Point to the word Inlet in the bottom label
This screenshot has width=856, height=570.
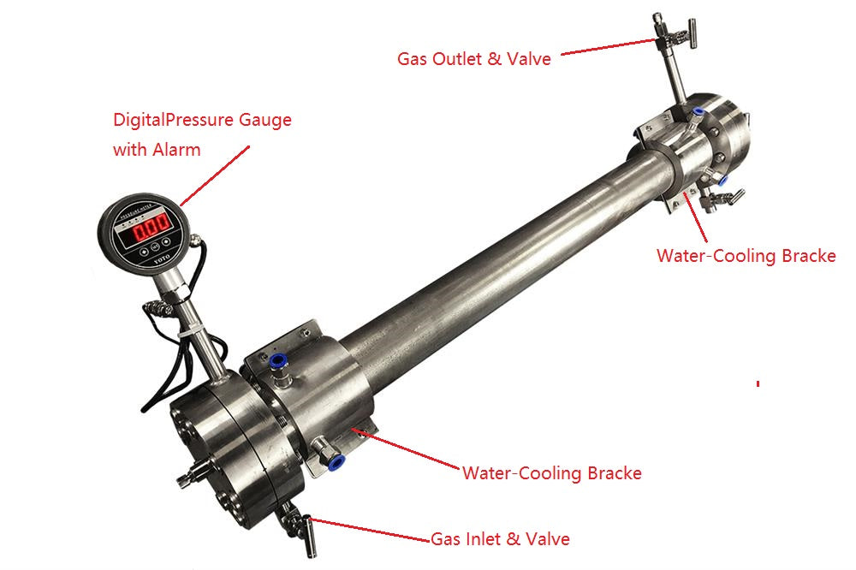[481, 538]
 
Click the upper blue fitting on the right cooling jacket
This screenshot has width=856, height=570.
[698, 112]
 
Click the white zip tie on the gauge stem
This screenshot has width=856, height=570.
[194, 327]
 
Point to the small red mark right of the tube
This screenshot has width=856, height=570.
[758, 384]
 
